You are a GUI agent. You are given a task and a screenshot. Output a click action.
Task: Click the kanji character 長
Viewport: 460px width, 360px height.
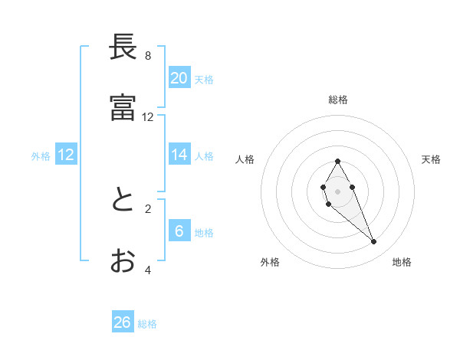[123, 47]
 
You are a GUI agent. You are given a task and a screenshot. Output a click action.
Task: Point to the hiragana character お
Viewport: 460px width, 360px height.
[123, 261]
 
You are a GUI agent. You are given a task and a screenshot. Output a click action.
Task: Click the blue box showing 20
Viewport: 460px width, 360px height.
[179, 78]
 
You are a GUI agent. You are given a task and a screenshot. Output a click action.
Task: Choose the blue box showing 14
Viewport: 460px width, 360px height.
[179, 155]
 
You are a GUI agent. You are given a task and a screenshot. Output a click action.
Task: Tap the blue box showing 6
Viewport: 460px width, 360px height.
[179, 231]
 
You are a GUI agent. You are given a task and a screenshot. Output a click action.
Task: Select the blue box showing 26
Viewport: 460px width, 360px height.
[123, 322]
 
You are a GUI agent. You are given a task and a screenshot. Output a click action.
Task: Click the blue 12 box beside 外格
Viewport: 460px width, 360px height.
[66, 155]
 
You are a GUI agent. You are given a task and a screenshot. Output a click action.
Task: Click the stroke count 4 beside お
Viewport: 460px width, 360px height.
[148, 270]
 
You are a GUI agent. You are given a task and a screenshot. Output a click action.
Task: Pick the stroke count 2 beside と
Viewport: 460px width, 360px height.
[148, 208]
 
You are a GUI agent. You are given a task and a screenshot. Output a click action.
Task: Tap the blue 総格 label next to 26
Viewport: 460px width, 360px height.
[147, 324]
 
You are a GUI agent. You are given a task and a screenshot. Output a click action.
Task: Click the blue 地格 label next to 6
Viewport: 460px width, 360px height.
[204, 233]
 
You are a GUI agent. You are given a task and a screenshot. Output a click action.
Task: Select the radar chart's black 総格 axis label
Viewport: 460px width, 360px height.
[338, 100]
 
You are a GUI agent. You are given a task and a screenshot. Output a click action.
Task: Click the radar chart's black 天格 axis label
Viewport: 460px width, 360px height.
[431, 159]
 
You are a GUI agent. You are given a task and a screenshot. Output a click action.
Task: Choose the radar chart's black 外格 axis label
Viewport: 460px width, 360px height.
[270, 262]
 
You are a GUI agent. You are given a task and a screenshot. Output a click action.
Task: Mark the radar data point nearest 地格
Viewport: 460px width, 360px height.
[374, 242]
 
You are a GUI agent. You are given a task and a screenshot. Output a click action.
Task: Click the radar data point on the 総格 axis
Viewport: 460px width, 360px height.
[338, 161]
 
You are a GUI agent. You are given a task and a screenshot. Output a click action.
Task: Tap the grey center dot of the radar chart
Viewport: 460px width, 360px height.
[338, 191]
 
